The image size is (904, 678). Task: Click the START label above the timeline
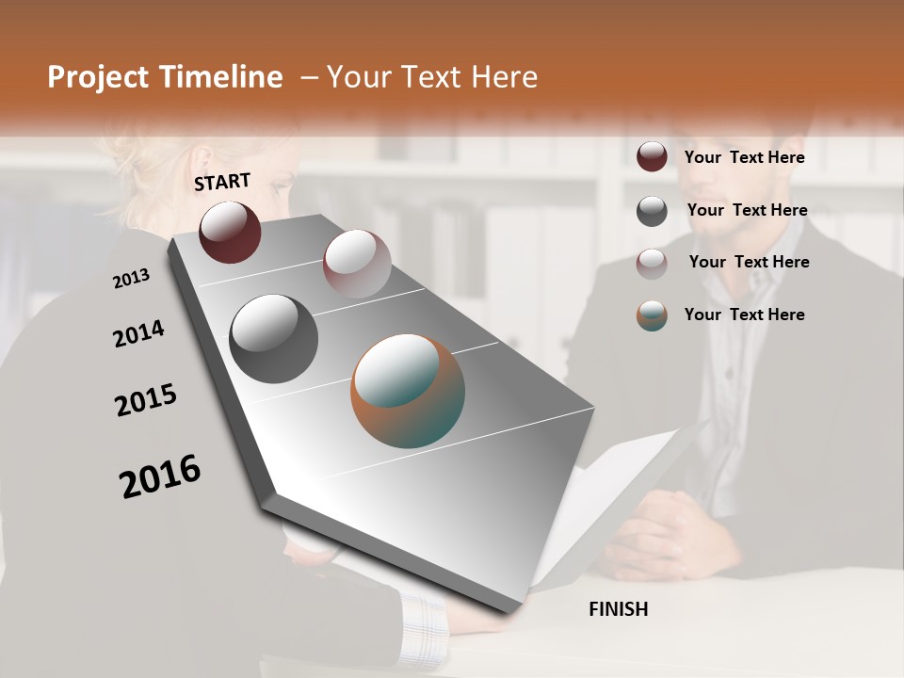click(x=222, y=182)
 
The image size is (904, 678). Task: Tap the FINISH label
click(x=618, y=609)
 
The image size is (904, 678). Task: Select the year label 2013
click(x=131, y=279)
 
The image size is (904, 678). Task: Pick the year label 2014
click(x=138, y=334)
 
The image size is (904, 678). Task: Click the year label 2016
click(x=160, y=476)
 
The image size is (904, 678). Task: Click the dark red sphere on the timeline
click(x=230, y=232)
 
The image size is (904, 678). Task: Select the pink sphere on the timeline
click(x=357, y=263)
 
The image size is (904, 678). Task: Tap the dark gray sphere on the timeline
click(x=273, y=339)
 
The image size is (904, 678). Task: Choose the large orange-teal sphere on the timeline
click(x=408, y=390)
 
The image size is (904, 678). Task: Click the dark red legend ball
click(x=652, y=157)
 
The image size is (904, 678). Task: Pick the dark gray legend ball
click(x=652, y=211)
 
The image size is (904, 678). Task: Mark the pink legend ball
click(x=652, y=264)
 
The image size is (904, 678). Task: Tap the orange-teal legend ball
click(x=652, y=315)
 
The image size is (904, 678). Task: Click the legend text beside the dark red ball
click(x=744, y=157)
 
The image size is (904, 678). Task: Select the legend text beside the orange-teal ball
click(x=744, y=315)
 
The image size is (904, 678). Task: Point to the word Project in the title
click(x=97, y=77)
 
